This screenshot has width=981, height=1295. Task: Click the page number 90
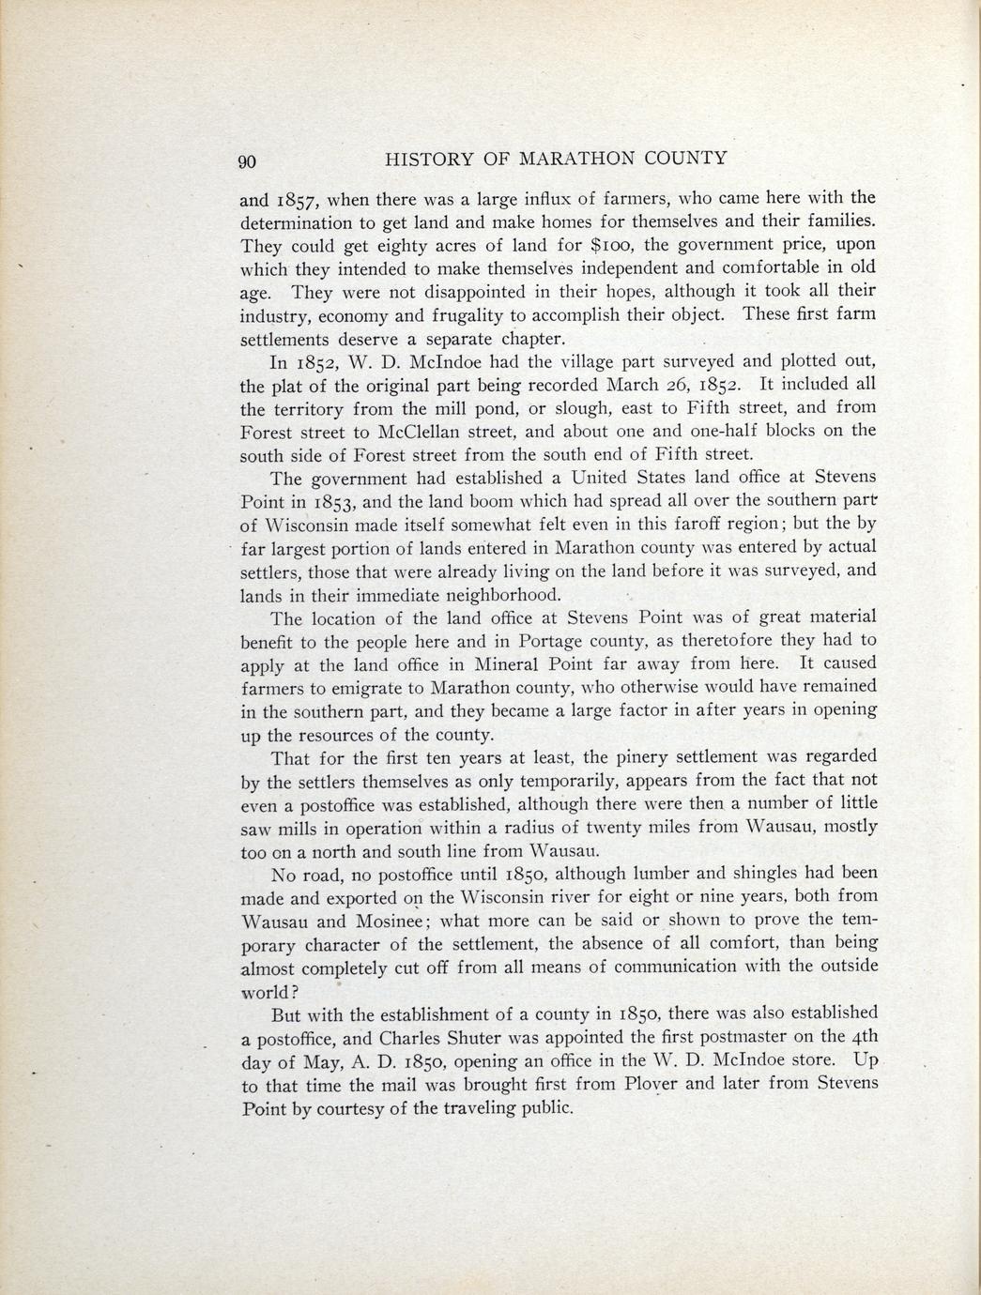(x=247, y=160)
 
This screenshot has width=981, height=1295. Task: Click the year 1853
(x=335, y=501)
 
